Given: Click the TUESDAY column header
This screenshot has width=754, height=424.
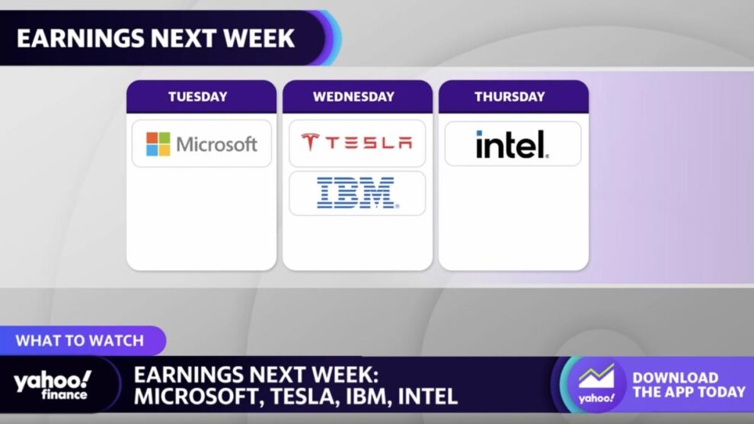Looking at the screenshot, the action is (197, 97).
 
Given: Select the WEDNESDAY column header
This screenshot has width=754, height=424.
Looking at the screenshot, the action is (353, 97).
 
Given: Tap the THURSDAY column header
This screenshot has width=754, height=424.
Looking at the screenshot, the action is (510, 97).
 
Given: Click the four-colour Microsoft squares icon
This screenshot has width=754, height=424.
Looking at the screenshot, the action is (158, 144).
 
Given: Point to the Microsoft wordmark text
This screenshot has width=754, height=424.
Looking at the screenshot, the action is (217, 144).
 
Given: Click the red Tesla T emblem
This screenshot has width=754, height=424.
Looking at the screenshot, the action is (310, 143).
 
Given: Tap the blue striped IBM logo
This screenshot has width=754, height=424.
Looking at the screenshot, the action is (357, 192).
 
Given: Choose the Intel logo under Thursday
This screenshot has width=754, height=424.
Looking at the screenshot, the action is (513, 144).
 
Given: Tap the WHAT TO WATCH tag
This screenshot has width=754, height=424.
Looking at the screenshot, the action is (80, 341).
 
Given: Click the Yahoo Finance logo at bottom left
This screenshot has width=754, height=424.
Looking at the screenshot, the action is (53, 385).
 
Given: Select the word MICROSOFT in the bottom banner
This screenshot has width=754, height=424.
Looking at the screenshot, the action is (197, 397).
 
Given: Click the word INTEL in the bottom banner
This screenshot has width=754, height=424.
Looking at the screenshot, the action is (427, 397).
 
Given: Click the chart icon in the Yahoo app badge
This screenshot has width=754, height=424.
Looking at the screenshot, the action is (596, 376).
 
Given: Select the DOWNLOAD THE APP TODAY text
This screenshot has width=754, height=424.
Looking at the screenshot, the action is (689, 385).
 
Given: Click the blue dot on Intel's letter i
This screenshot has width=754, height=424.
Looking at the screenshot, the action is (479, 133).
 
